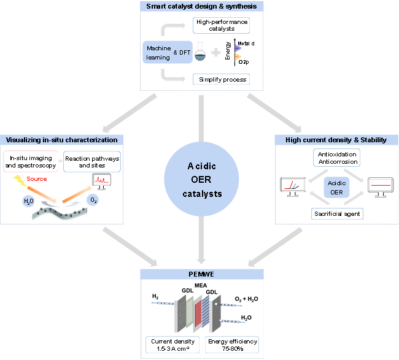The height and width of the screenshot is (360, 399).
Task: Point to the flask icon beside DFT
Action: click(x=199, y=54)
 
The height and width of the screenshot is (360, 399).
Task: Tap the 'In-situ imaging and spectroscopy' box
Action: click(x=31, y=163)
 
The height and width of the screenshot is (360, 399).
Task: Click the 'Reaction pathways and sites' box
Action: click(x=92, y=163)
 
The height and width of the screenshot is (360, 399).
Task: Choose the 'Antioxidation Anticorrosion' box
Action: click(x=336, y=158)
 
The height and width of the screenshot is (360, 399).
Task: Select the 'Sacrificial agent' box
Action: click(x=336, y=213)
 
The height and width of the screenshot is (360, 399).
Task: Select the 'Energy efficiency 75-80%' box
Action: click(x=233, y=345)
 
